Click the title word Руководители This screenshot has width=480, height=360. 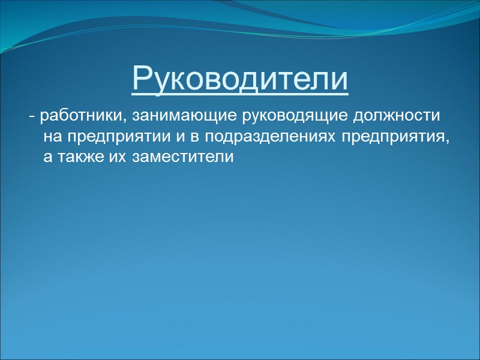pyautogui.click(x=240, y=79)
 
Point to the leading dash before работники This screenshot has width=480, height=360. pyautogui.click(x=31, y=115)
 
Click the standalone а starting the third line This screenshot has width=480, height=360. pyautogui.click(x=48, y=158)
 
